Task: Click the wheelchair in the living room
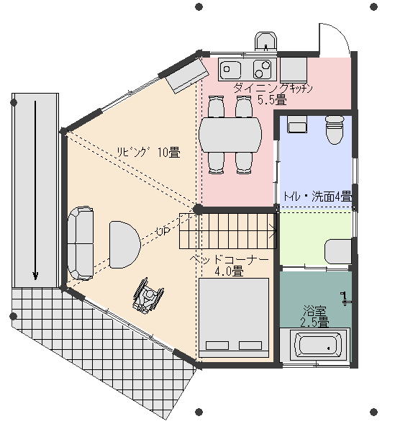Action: (148, 296)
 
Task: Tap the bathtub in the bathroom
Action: (315, 346)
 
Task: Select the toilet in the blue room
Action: (335, 130)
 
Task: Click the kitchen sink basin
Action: (230, 68)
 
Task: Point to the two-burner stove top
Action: (262, 68)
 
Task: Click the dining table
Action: (230, 135)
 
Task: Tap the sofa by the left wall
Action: (81, 243)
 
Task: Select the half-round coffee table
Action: (124, 245)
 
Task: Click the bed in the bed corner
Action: (234, 317)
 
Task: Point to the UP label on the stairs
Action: (163, 231)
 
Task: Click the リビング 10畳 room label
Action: (148, 152)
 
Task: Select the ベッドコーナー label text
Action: (229, 260)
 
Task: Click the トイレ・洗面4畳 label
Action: (317, 197)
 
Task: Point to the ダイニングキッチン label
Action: (273, 89)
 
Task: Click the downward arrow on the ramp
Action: (35, 190)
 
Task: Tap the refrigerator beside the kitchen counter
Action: (294, 70)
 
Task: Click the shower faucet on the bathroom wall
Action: (345, 299)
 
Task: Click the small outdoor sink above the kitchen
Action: (266, 41)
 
